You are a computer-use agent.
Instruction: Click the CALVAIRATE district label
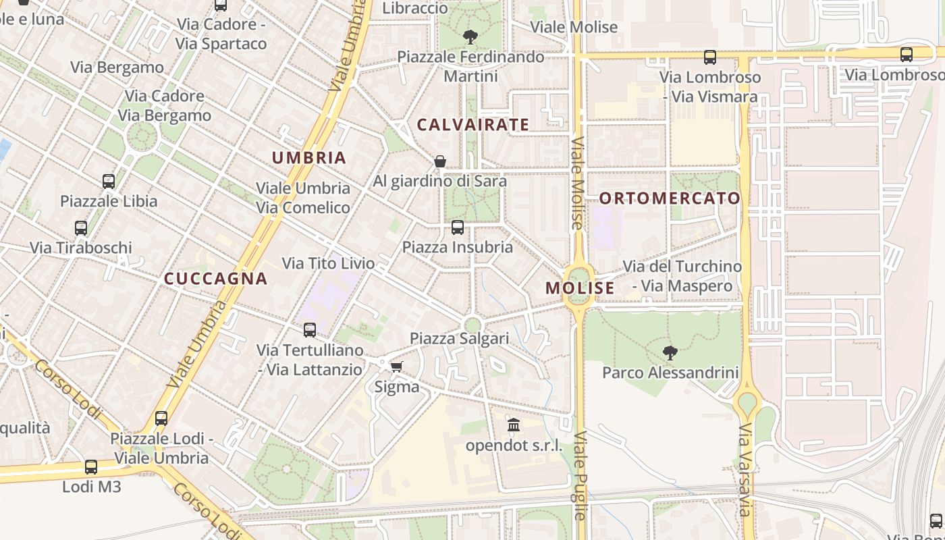473,124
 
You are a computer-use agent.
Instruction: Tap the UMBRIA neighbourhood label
308,158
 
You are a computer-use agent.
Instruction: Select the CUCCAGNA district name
216,279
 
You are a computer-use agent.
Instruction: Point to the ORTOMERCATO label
670,198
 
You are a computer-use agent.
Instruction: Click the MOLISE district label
580,288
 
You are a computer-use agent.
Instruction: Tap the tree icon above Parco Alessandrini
670,352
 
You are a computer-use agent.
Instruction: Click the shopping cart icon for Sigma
396,367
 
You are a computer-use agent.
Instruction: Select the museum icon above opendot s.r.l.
514,425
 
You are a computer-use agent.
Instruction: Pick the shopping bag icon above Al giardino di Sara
440,161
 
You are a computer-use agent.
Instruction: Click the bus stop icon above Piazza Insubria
458,227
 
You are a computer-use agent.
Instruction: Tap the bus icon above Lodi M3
91,466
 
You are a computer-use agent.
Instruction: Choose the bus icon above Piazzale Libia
109,181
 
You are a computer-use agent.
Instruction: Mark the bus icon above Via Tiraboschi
81,228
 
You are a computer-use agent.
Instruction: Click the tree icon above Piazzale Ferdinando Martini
470,36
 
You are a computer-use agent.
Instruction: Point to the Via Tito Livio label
328,263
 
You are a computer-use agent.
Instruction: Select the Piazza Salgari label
459,338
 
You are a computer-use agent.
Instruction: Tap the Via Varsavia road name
745,470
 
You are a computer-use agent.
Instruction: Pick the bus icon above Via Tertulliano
310,330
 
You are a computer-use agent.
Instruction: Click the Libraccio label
414,8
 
